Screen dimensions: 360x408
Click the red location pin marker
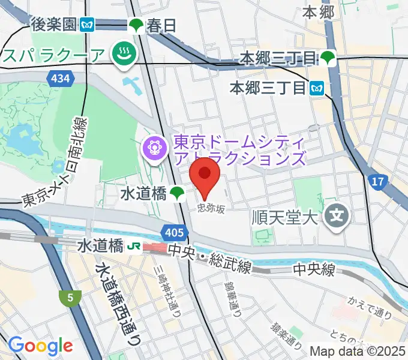pos(205,175)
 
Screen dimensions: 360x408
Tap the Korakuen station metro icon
pos(88,25)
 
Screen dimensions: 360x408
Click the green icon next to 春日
pos(136,25)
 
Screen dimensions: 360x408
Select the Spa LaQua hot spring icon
pos(125,55)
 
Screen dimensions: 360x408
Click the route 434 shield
pos(61,78)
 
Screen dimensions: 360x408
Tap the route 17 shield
pos(377,181)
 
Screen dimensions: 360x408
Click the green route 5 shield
pos(70,296)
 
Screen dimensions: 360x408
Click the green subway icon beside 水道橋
pos(176,193)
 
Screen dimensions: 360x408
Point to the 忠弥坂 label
pos(212,209)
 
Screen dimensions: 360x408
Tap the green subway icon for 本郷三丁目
pos(328,58)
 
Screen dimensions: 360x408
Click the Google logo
pos(40,345)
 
